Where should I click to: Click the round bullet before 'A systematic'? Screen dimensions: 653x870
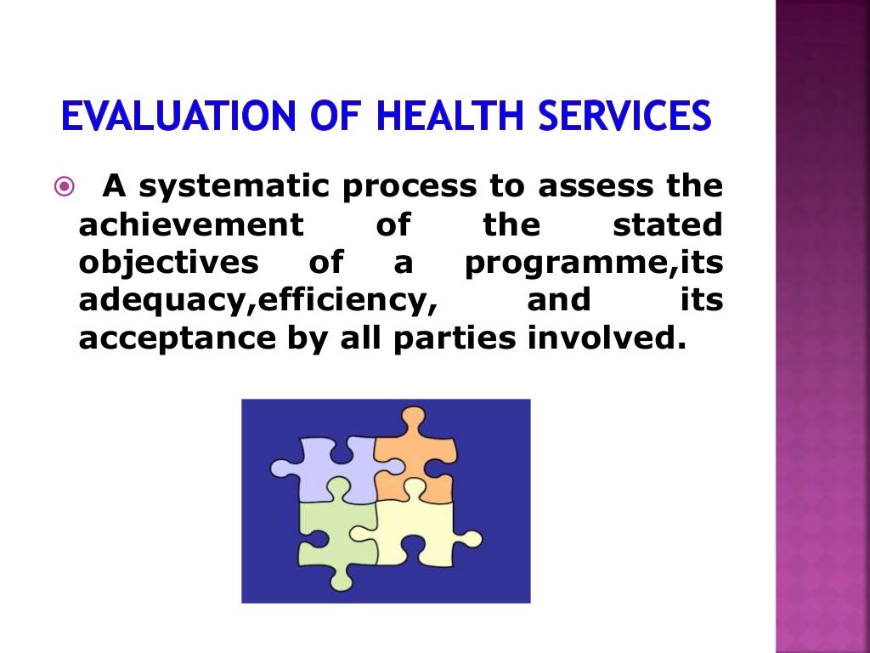65,185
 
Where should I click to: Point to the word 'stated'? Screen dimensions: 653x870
667,225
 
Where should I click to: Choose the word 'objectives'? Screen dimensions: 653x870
168,263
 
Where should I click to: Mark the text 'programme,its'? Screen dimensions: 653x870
593,263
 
